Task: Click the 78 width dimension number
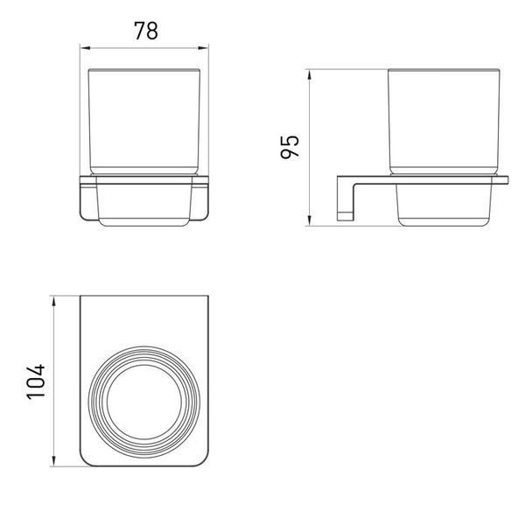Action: (146, 31)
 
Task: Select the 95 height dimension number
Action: (290, 147)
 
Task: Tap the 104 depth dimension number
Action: (36, 381)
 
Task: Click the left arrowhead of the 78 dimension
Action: (86, 48)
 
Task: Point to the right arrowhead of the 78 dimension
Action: (203, 48)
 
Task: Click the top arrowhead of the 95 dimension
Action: (310, 74)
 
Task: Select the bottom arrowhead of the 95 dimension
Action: (310, 220)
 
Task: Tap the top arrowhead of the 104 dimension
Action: (53, 301)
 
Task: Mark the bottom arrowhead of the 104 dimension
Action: (53, 460)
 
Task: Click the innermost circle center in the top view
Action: (144, 402)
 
